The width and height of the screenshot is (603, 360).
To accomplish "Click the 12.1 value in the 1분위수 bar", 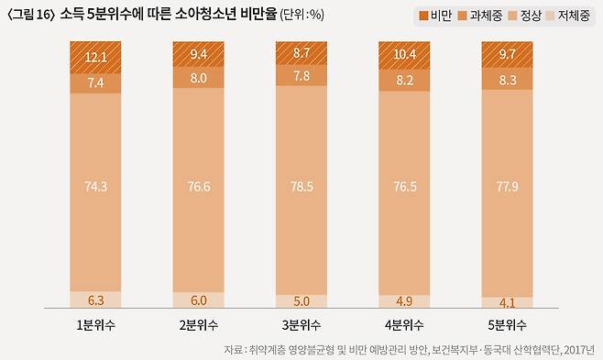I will click(x=95, y=58).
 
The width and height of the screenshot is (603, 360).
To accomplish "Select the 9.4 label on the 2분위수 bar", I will click(x=199, y=54).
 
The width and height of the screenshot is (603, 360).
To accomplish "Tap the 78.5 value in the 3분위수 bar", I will click(x=301, y=187).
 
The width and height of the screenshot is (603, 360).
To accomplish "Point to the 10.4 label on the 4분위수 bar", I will click(x=404, y=56).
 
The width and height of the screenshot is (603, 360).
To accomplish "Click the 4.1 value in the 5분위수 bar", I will click(x=508, y=301).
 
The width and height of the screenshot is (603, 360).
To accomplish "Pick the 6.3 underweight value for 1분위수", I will click(x=95, y=299).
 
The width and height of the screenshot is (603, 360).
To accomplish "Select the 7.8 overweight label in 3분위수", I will click(x=301, y=75).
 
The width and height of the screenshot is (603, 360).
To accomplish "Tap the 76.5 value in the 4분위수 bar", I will click(x=404, y=187).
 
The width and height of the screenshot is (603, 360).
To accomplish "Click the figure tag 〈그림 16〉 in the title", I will click(x=30, y=16).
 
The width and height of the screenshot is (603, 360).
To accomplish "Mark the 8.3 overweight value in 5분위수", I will click(x=508, y=80).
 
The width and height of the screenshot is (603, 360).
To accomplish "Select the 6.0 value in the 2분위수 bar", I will click(x=199, y=300).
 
